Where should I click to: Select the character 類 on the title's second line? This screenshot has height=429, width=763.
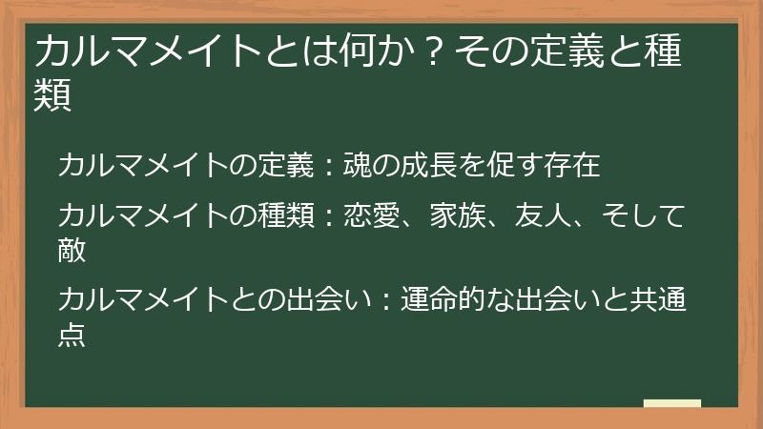(53, 96)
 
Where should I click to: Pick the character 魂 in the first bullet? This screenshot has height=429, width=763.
(358, 165)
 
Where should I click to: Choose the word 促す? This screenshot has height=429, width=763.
(516, 165)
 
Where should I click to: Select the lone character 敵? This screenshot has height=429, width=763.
(72, 249)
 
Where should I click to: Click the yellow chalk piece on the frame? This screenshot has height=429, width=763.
(672, 404)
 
